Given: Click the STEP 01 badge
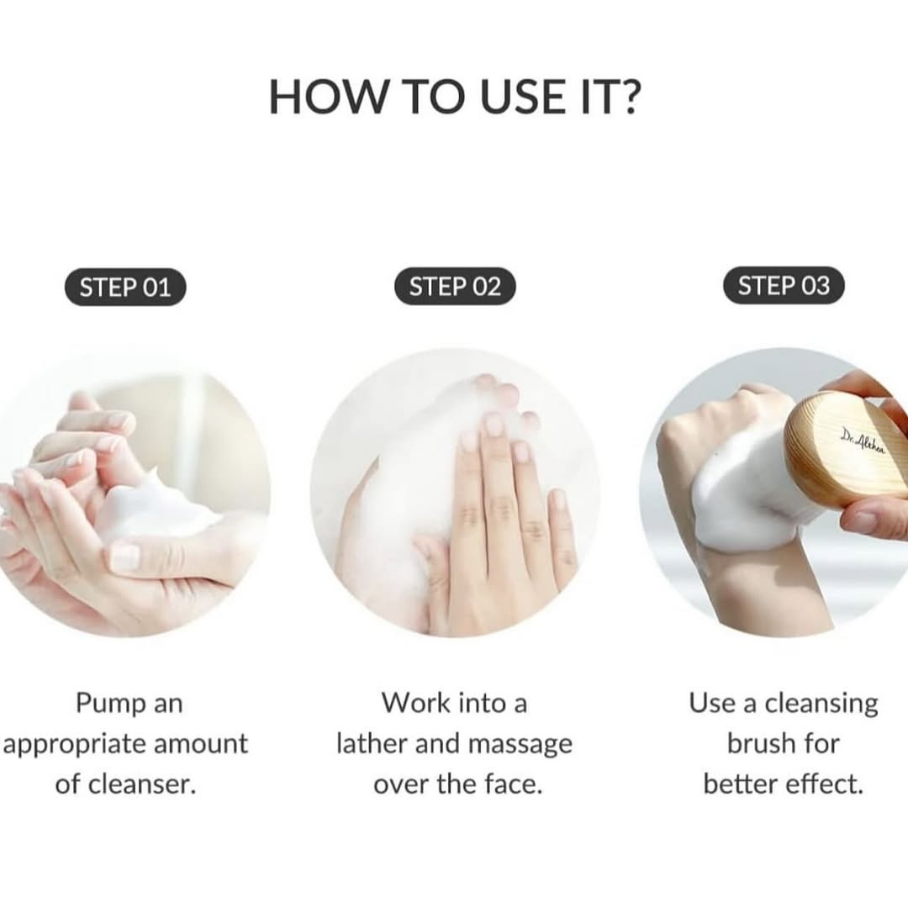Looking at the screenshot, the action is click(125, 288).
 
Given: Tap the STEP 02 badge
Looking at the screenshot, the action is click(455, 287).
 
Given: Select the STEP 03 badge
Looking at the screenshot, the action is click(784, 286).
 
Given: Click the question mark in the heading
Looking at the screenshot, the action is click(626, 96).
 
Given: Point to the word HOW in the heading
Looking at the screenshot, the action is click(327, 96).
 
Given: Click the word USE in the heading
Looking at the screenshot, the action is click(522, 96).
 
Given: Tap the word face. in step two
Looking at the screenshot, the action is click(513, 784).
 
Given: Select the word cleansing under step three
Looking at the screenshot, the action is click(821, 705).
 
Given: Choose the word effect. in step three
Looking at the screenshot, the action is click(827, 784).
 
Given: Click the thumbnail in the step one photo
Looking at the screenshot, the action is click(124, 555).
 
